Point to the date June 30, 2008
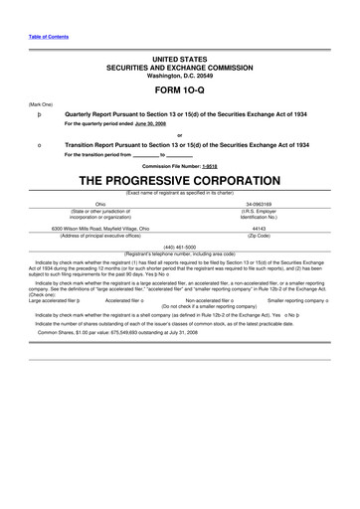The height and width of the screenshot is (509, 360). [136, 125]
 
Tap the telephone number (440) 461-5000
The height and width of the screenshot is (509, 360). [179, 244]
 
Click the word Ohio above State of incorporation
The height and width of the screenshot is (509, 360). [99, 204]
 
